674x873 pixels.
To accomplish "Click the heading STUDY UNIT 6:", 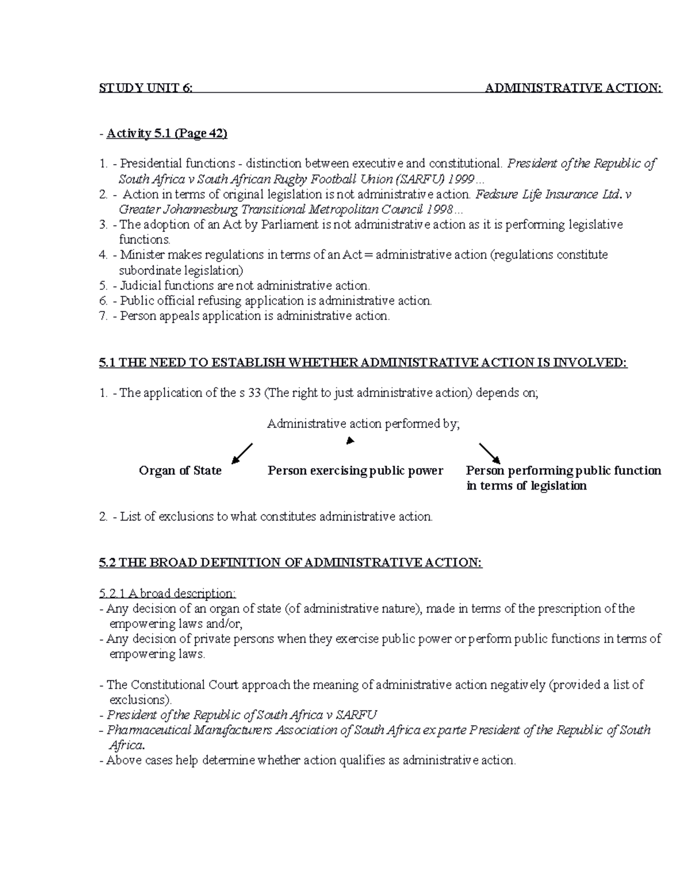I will (x=145, y=88).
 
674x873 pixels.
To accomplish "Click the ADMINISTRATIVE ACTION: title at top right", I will (x=573, y=88).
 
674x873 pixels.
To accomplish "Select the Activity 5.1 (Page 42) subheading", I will (x=167, y=133).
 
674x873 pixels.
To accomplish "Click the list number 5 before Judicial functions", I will (x=102, y=286).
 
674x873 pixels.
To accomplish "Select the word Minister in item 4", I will (x=140, y=255).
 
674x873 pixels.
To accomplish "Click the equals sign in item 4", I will (x=368, y=255).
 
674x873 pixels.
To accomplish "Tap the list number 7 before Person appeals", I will (x=102, y=316).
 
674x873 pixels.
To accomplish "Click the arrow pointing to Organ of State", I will (x=242, y=453).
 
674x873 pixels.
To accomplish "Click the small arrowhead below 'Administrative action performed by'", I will (x=350, y=441).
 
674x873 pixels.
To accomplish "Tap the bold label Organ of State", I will (x=180, y=471).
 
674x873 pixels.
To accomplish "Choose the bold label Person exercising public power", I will (x=355, y=471).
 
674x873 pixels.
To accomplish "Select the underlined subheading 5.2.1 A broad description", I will (x=167, y=594).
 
